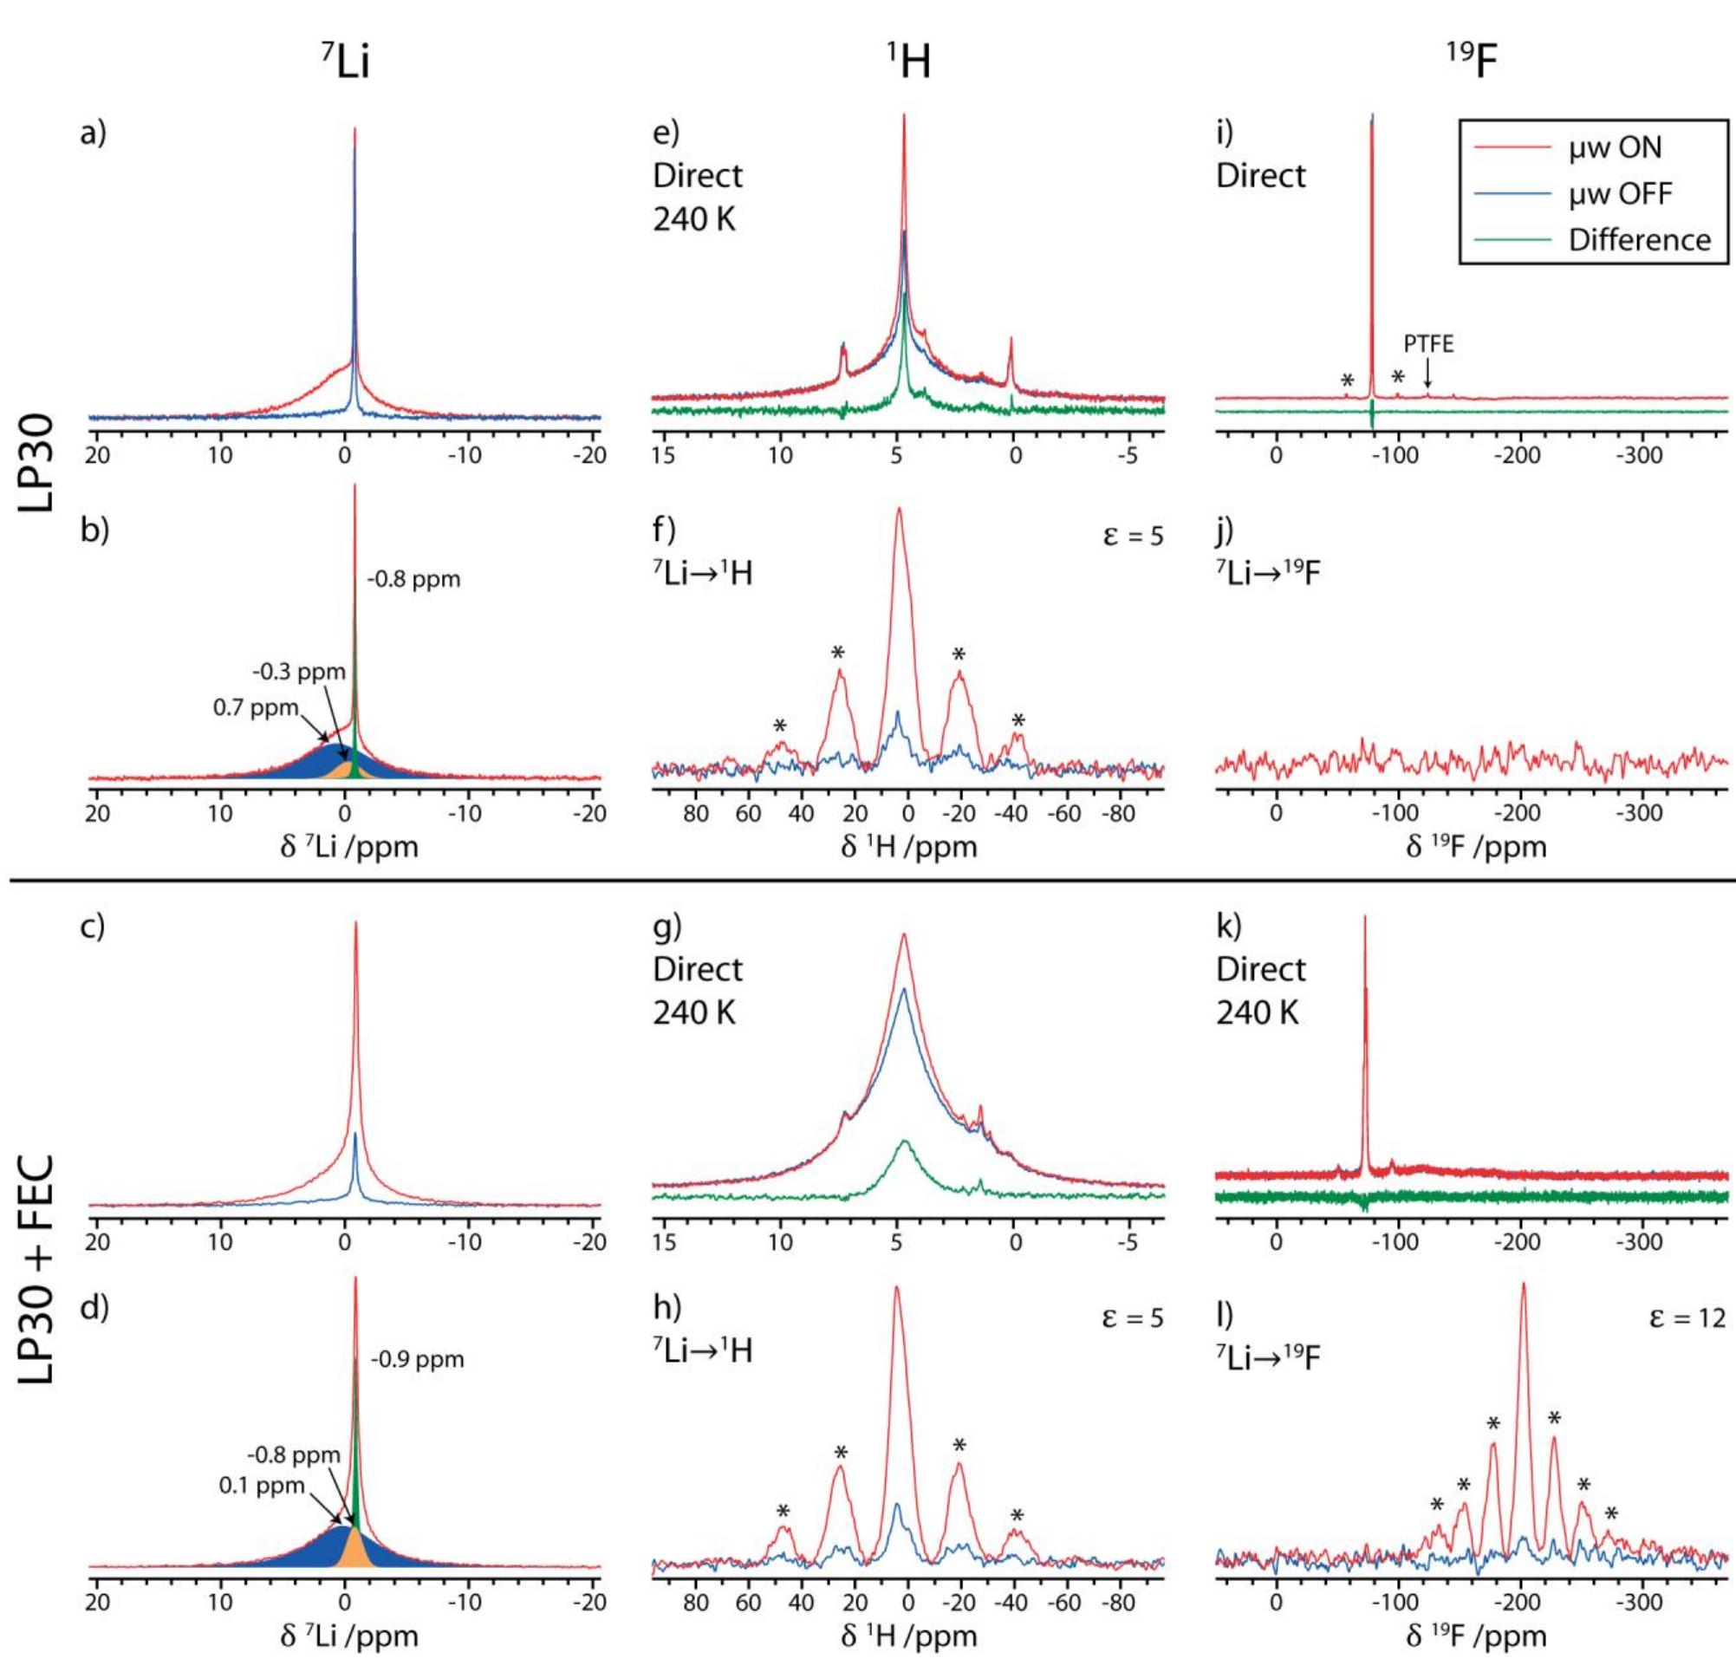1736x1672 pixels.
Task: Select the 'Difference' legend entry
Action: tap(1640, 240)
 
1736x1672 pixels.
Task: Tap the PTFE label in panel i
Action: tap(1427, 343)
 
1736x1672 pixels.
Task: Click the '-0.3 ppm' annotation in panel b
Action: tap(298, 671)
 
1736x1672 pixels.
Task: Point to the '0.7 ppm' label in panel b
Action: tap(255, 707)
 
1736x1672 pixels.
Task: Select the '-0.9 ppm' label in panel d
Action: tap(417, 1358)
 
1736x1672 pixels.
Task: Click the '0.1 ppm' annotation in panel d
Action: tap(261, 1484)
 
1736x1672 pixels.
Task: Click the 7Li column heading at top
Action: tap(344, 64)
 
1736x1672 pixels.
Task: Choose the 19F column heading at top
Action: tap(1470, 64)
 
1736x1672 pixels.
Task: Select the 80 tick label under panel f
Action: tap(696, 813)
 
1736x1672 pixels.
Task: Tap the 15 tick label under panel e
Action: tap(662, 457)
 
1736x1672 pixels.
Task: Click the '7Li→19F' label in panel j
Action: tap(1267, 574)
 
